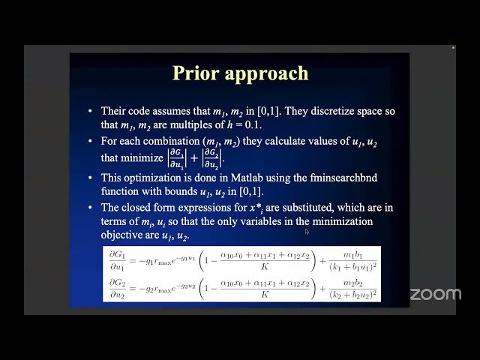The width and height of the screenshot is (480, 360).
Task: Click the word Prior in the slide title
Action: (x=196, y=73)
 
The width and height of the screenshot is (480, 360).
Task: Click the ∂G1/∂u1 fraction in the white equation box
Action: (x=118, y=259)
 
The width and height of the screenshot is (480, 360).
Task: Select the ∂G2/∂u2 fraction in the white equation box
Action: (x=118, y=287)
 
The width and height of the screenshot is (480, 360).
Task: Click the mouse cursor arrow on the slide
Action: (x=307, y=232)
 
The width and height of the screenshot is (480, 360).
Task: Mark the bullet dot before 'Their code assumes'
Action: (x=90, y=111)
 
